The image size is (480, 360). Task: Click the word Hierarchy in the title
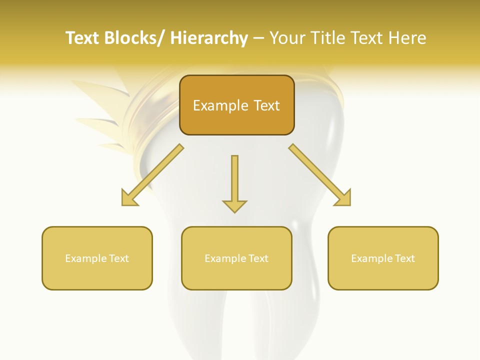(x=209, y=38)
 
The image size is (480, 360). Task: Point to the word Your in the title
(x=287, y=38)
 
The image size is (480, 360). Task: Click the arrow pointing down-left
(x=150, y=176)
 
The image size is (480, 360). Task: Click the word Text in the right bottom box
(x=404, y=258)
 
